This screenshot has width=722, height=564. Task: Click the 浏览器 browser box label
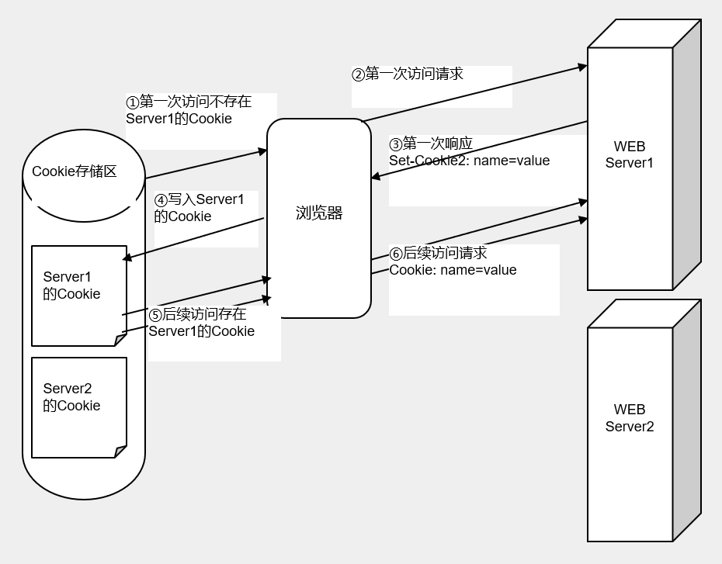(x=319, y=213)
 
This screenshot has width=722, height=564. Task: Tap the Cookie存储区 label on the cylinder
(x=75, y=171)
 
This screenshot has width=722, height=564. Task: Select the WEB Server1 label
(x=629, y=154)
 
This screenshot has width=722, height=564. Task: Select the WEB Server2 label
(x=629, y=418)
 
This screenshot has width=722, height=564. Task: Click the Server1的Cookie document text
(x=71, y=285)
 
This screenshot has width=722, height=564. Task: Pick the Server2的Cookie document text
(x=71, y=397)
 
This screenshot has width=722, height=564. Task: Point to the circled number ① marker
(x=132, y=102)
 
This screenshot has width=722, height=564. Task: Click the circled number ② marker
(x=358, y=74)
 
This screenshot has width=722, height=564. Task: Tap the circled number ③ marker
(x=396, y=145)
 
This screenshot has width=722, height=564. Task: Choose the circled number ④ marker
(x=161, y=200)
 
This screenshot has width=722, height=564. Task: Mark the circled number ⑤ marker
(x=155, y=315)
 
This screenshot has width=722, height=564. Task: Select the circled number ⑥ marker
(x=396, y=254)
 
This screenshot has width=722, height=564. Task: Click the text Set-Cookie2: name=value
(x=469, y=161)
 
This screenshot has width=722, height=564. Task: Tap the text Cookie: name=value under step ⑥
(x=453, y=270)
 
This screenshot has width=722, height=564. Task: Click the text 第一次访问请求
(x=414, y=74)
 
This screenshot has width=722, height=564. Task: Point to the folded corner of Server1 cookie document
(x=120, y=340)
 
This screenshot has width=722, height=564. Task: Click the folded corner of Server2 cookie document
(x=120, y=452)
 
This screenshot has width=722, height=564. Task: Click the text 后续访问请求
(x=445, y=254)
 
